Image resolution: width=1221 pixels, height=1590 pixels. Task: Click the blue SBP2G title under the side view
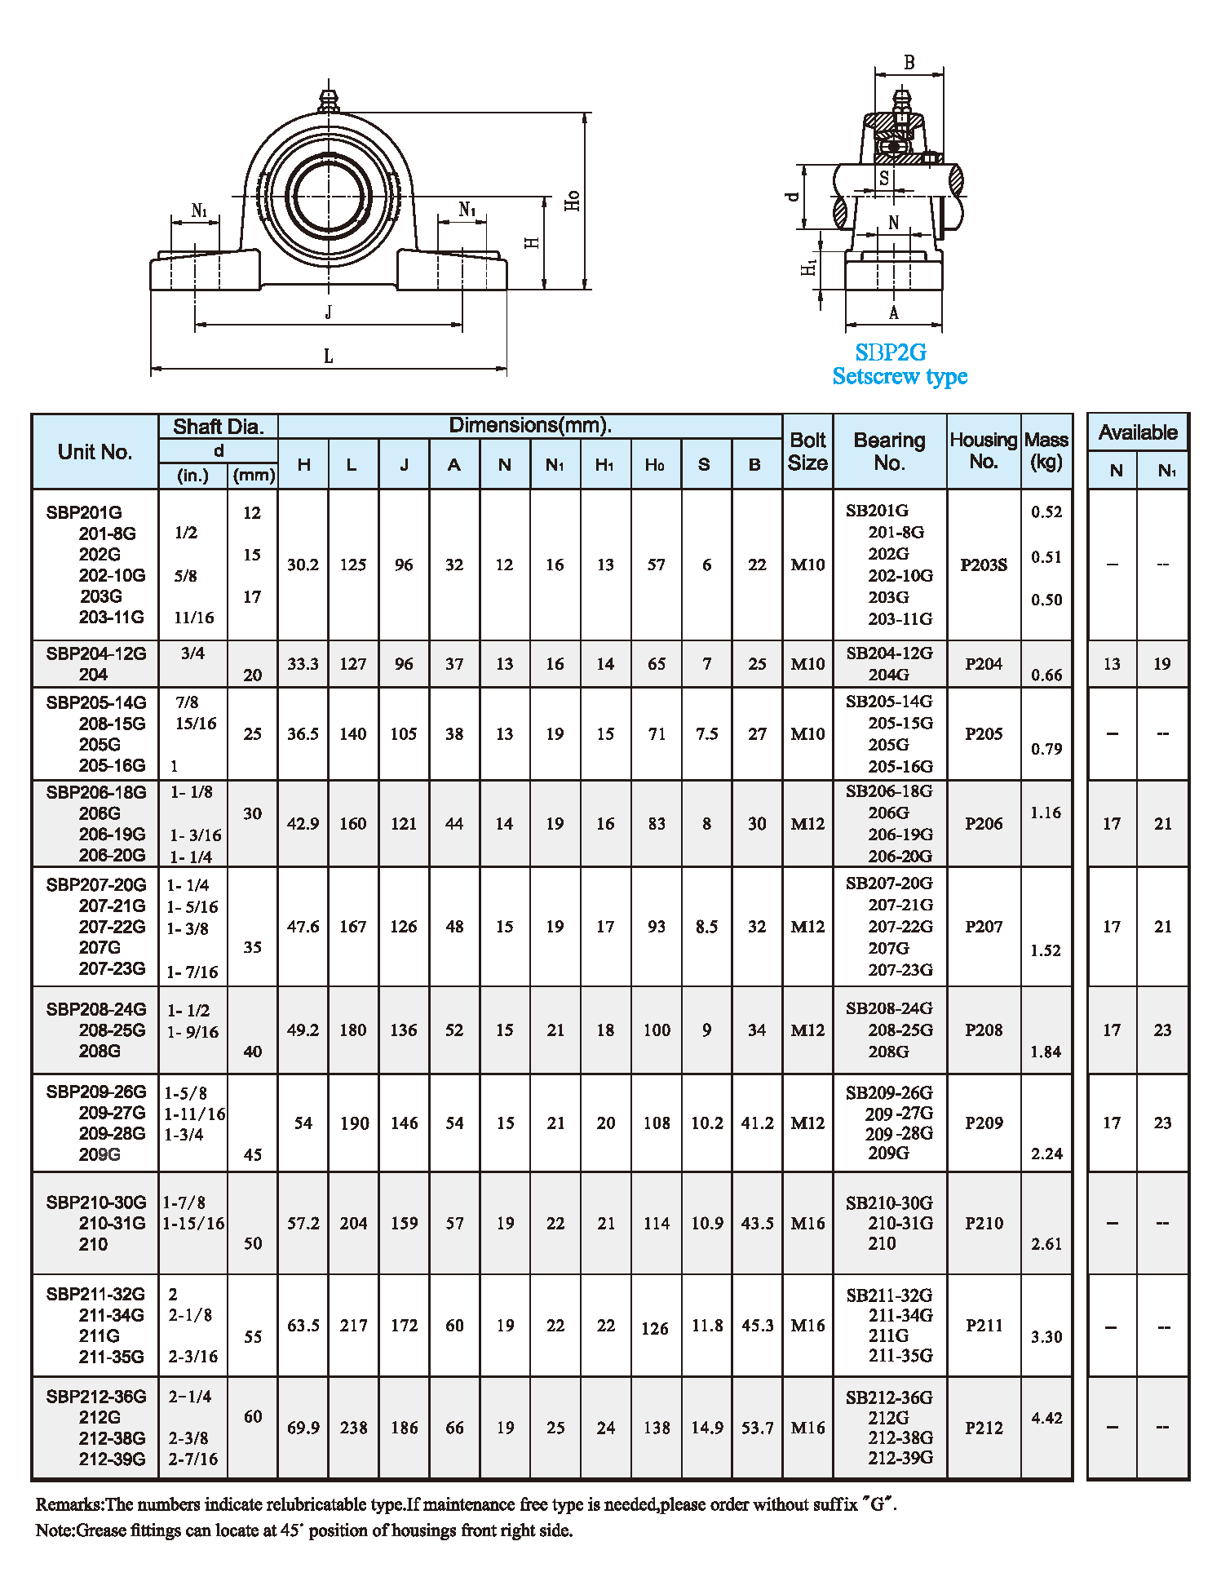891,352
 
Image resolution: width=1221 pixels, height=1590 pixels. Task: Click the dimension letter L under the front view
328,357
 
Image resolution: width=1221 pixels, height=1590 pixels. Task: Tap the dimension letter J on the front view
328,312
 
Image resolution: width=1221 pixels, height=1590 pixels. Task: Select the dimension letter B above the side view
909,63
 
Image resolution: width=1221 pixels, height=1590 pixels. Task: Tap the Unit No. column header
95,452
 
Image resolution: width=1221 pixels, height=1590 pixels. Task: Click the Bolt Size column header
807,451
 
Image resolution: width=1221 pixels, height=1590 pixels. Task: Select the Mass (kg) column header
1046,451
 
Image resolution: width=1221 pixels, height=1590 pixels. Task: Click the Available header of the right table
1138,432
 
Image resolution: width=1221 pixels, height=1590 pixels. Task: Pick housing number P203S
984,565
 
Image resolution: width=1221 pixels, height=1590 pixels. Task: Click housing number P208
984,1030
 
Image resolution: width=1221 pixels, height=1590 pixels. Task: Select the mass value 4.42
1046,1418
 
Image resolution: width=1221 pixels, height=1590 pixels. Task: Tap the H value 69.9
303,1428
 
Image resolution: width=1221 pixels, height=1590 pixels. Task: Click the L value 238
353,1428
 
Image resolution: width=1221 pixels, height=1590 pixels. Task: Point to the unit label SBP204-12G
96,653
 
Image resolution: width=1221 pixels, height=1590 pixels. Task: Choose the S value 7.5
706,733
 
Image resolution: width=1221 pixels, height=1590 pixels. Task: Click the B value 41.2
757,1123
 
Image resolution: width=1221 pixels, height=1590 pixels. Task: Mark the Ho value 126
655,1328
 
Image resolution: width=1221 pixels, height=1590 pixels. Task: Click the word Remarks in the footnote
69,1504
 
